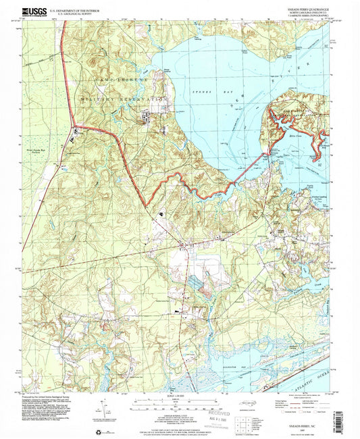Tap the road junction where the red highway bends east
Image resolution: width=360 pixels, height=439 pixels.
[76, 128]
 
